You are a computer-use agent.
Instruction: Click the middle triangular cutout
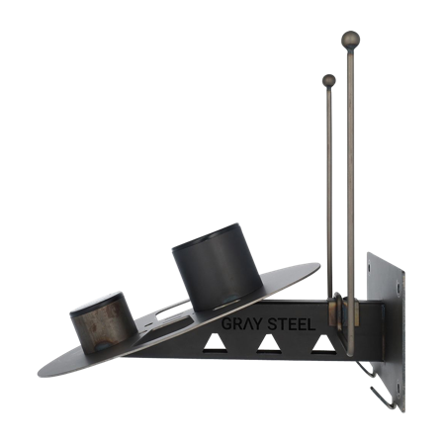point(265,345)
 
